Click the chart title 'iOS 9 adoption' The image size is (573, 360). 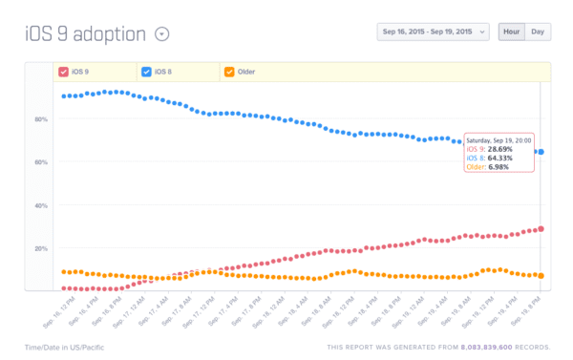tap(85, 34)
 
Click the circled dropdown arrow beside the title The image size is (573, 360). tap(162, 34)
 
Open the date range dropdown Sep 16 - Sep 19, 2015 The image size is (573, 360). tap(434, 32)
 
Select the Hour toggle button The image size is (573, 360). tap(511, 32)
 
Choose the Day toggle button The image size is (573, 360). tap(539, 32)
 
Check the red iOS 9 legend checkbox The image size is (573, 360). tap(64, 72)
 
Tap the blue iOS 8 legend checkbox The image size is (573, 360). tap(146, 72)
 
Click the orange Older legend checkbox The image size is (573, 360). tap(228, 72)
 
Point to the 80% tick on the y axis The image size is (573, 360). tap(41, 119)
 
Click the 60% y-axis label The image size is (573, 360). tap(41, 162)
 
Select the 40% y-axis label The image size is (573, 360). tap(41, 205)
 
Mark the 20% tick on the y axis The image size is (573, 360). tap(41, 248)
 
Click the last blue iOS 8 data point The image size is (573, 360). tap(541, 152)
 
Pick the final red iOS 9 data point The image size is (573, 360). tap(541, 228)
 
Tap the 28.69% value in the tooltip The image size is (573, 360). tap(500, 150)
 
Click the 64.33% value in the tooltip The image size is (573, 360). tap(500, 159)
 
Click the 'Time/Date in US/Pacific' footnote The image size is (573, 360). tap(65, 347)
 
